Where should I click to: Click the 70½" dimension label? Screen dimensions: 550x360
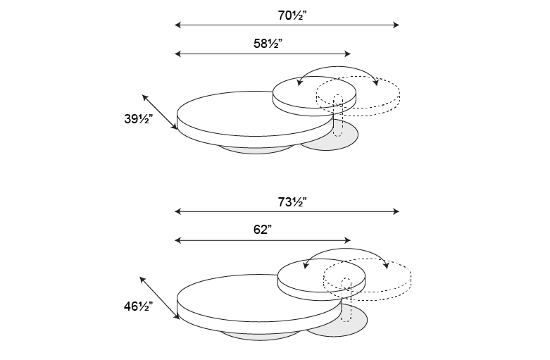click(292, 15)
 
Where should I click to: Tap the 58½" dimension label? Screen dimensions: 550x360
click(268, 44)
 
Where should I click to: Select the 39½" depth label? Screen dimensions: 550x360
click(138, 119)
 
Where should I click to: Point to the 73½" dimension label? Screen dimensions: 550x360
click(292, 202)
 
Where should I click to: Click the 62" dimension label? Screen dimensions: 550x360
click(263, 230)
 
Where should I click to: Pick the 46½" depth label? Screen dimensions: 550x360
click(138, 306)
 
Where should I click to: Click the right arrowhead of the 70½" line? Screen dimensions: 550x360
click(396, 25)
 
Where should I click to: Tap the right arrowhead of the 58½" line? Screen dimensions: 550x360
click(348, 54)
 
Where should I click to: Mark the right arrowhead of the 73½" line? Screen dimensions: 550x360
click(396, 211)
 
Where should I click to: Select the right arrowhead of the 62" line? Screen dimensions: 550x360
click(348, 240)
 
